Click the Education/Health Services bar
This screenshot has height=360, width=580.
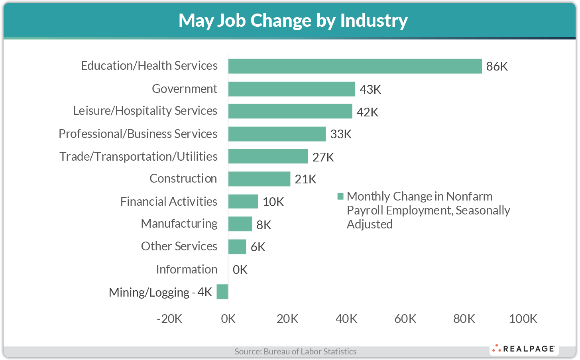[x=355, y=66]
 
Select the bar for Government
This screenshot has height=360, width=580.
[x=291, y=89]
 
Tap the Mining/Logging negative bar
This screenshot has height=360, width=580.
[x=222, y=291]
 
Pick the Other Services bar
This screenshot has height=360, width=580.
[x=237, y=247]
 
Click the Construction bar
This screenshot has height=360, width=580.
[x=259, y=179]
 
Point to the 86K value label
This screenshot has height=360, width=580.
[x=497, y=67]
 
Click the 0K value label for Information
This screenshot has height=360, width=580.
[x=240, y=270]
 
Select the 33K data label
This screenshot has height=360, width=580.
[x=340, y=134]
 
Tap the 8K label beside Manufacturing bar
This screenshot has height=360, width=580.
[x=263, y=225]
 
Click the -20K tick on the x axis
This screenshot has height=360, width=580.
[x=169, y=319]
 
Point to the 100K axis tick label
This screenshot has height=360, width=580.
[x=523, y=319]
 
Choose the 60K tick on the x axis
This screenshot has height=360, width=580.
[x=405, y=319]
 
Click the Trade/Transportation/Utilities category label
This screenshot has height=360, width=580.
[x=138, y=157]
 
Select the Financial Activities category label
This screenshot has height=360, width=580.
[x=169, y=202]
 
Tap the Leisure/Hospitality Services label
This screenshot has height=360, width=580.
[x=145, y=111]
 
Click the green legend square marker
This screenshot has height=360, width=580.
[x=340, y=196]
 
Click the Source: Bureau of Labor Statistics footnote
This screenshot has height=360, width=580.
[x=295, y=352]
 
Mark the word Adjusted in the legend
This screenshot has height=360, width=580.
[x=370, y=224]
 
